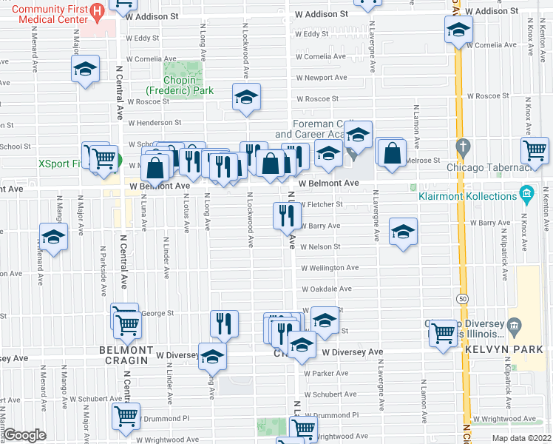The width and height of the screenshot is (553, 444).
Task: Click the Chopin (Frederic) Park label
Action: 189,85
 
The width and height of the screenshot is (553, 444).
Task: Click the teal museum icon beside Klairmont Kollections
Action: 526,195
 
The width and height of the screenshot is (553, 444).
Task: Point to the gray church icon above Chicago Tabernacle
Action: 463,146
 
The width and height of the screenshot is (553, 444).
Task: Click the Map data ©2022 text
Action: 520,438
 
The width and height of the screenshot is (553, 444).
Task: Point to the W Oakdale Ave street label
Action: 326,289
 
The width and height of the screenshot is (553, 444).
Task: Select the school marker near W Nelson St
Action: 403,233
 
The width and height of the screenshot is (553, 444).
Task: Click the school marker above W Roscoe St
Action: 247,97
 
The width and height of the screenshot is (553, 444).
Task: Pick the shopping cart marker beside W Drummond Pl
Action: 126,416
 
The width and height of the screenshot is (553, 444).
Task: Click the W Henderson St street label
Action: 155,123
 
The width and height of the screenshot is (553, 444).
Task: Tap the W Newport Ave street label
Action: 322,77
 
